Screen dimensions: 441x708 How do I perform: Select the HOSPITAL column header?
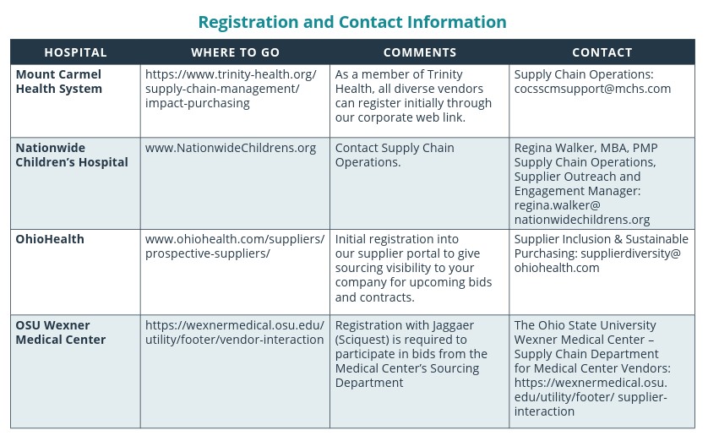coord(75,52)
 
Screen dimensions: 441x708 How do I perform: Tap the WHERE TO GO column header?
coord(235,52)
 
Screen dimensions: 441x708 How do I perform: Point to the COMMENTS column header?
coord(419,52)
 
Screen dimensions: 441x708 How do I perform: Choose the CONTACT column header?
coord(602,52)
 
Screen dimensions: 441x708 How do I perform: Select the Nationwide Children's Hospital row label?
coord(72,155)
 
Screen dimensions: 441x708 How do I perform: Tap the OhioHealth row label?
coord(50,239)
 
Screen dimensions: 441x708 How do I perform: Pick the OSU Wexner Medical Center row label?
coord(61,332)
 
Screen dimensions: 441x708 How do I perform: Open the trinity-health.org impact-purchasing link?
coord(231,89)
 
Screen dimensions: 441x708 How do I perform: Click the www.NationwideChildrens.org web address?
coord(231,148)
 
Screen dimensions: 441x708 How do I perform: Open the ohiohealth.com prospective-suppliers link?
coord(234,246)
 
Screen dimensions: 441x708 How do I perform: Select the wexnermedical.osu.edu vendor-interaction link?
coord(234,332)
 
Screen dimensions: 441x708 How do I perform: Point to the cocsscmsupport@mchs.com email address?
coord(592,89)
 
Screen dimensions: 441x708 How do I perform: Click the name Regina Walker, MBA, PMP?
coord(585,148)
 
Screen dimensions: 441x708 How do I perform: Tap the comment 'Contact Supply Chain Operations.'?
coord(395,155)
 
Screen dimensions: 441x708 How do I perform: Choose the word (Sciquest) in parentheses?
coord(366,340)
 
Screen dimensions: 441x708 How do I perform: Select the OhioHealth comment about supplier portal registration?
coord(413,268)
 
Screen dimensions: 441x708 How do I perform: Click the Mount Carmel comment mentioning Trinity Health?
coord(411,95)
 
